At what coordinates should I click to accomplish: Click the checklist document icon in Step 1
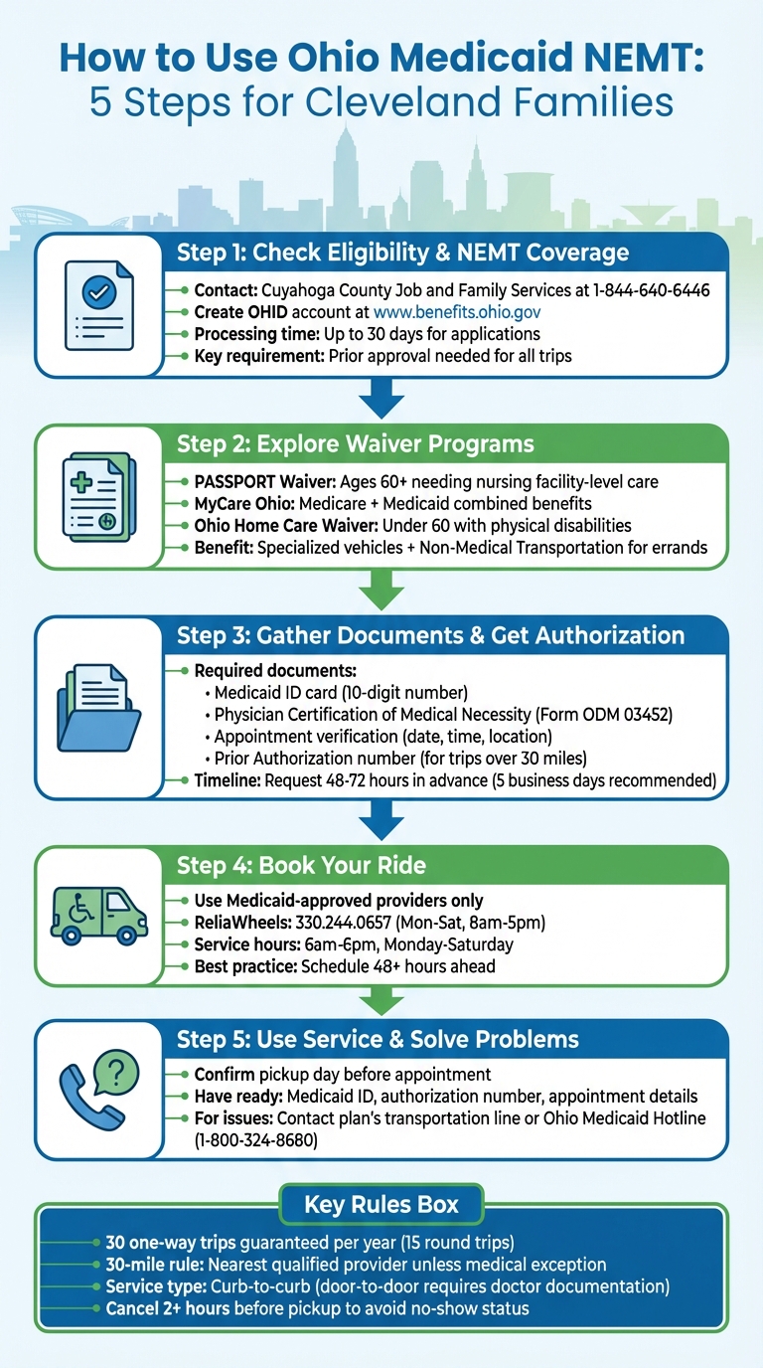[98, 305]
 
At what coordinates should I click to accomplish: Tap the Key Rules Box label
[381, 1205]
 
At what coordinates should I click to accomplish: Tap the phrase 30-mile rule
[151, 1264]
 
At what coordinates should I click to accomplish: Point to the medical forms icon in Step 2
[98, 498]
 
